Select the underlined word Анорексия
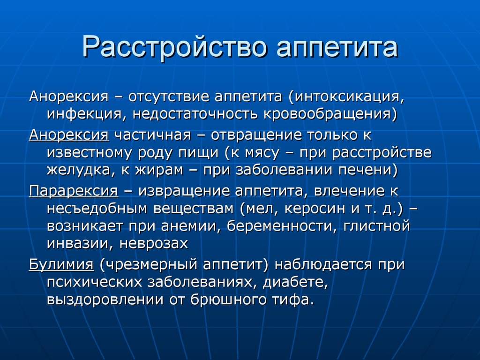(69, 135)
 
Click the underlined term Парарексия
(74, 191)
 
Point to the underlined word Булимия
(61, 265)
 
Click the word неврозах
(153, 244)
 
